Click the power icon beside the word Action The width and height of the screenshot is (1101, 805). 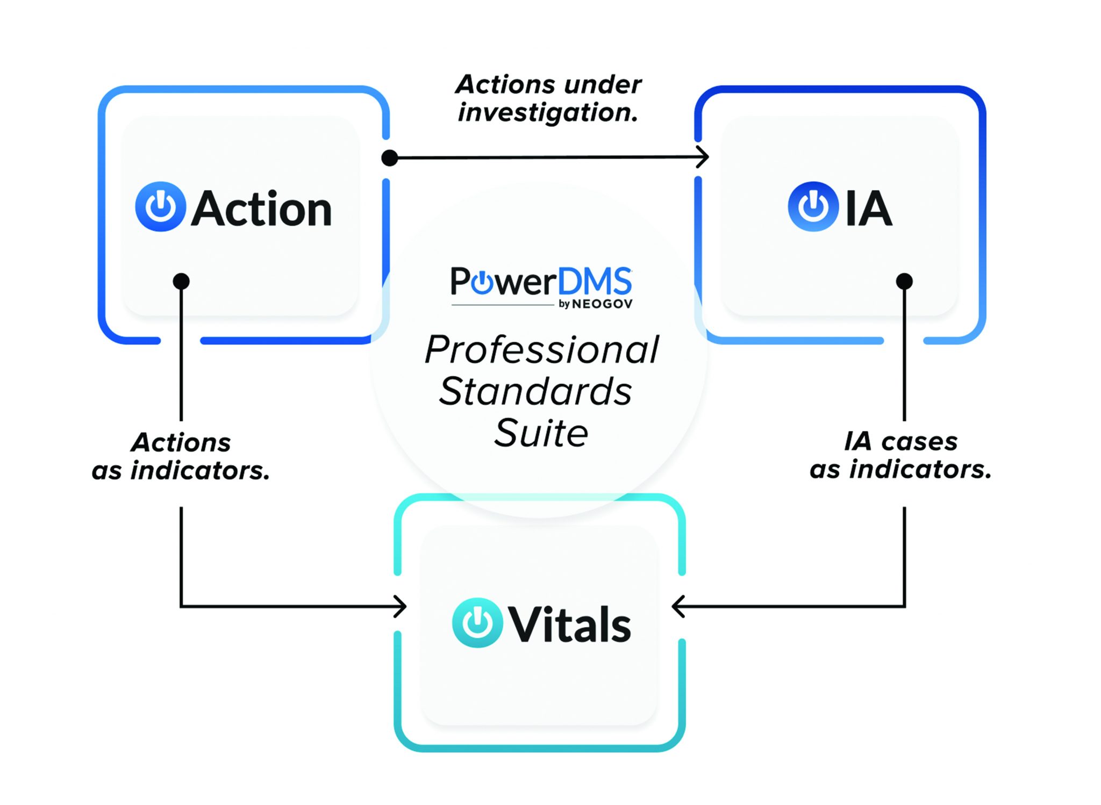pos(160,207)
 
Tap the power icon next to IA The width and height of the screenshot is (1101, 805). pos(812,207)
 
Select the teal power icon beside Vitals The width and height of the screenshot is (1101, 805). pos(477,623)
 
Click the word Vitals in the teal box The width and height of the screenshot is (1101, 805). pos(570,624)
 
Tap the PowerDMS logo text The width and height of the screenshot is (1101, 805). pos(540,282)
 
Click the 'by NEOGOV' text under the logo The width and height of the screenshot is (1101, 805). pos(596,304)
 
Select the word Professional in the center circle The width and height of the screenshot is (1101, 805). pos(541,350)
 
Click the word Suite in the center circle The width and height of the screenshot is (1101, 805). pos(541,433)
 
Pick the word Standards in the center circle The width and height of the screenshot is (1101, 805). pos(535,391)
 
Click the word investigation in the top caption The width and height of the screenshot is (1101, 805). pos(547,113)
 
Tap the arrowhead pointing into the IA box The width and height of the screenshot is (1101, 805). pos(703,157)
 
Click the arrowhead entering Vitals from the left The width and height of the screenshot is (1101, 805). pos(401,606)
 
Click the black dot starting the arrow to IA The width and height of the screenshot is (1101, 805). pos(389,158)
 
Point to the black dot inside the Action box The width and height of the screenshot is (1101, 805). pos(181,281)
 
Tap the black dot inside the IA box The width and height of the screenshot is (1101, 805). pos(904,281)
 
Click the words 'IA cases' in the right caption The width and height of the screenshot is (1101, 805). pos(900,442)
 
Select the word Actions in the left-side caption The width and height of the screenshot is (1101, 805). pos(181,443)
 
